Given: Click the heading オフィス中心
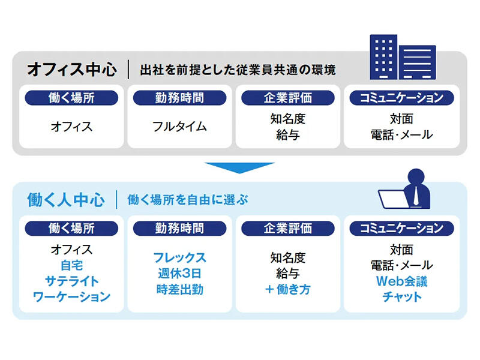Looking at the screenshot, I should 71,69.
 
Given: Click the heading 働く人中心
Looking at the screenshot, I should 66,200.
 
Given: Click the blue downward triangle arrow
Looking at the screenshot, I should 239,167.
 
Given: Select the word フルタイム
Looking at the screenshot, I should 179,127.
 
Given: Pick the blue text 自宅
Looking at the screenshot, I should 71,265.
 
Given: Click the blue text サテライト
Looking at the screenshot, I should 71,281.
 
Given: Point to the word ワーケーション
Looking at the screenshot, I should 71,296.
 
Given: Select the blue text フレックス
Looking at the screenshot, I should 179,258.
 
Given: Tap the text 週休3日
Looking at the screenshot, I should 179,274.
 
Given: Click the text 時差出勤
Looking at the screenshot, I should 179,289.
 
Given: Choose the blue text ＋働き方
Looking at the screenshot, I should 287,289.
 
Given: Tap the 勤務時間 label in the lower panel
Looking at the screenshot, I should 179,228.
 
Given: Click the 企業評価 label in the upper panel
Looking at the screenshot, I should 287,97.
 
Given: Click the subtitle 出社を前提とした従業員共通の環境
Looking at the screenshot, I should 238,70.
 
